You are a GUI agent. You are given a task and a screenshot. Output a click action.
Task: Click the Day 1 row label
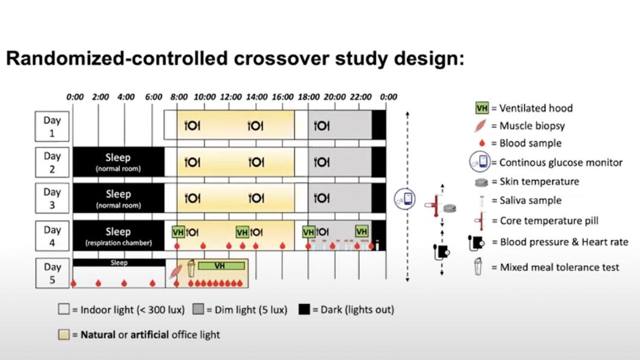click(52, 126)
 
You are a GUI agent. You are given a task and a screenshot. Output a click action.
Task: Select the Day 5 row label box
click(52, 273)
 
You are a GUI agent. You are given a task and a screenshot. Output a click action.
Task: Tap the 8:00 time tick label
click(179, 97)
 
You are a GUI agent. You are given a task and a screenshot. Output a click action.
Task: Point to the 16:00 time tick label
click(283, 97)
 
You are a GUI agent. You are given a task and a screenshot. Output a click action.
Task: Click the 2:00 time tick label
click(100, 97)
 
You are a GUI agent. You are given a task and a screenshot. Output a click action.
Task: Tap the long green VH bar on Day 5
click(221, 266)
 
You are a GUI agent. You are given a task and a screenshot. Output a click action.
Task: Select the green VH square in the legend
click(482, 108)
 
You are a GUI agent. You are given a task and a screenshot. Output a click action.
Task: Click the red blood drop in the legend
click(482, 144)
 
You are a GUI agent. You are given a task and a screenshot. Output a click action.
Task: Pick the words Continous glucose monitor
click(561, 162)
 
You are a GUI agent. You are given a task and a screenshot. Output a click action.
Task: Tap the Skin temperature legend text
click(539, 181)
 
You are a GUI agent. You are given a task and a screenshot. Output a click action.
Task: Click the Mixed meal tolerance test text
click(559, 267)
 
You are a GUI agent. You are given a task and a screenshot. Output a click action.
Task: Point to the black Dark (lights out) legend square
click(304, 310)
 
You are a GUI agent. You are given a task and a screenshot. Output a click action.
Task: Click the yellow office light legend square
click(64, 335)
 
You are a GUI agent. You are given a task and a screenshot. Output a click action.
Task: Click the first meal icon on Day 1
click(192, 126)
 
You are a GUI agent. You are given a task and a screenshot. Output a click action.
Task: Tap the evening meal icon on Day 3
click(321, 198)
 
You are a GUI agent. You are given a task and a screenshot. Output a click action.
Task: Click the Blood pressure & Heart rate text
click(564, 242)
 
